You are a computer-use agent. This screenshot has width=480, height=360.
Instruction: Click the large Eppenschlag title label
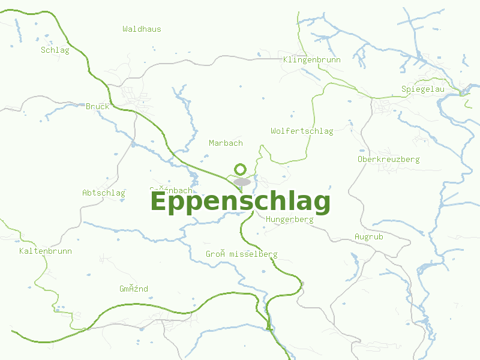tap(240, 202)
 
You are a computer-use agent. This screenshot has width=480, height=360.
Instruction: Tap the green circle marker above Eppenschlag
tap(241, 169)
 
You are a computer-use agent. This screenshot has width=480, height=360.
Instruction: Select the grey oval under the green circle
tap(242, 182)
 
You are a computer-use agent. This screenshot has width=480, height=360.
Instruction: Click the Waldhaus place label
tap(142, 29)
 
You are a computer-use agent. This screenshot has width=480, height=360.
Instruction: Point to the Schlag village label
tap(55, 50)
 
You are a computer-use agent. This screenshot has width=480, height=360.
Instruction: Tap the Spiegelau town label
tap(422, 89)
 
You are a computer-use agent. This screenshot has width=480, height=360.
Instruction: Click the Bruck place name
tap(98, 106)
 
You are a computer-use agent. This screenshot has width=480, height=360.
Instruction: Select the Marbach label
tap(226, 143)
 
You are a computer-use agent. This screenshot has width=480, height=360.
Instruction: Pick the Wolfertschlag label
tap(302, 131)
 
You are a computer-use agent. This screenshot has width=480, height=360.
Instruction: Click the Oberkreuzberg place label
tap(388, 160)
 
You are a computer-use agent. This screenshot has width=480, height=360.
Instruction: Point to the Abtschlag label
tap(103, 193)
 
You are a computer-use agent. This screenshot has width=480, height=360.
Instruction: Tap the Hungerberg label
tap(289, 220)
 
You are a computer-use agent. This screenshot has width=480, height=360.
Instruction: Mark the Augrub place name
tap(368, 237)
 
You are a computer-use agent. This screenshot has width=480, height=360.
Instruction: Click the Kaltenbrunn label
tap(45, 251)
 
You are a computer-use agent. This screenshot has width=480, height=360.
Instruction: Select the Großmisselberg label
tap(241, 254)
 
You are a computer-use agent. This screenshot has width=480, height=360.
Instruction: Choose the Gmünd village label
tap(133, 289)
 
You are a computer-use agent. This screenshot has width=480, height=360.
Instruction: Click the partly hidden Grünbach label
tap(171, 190)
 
